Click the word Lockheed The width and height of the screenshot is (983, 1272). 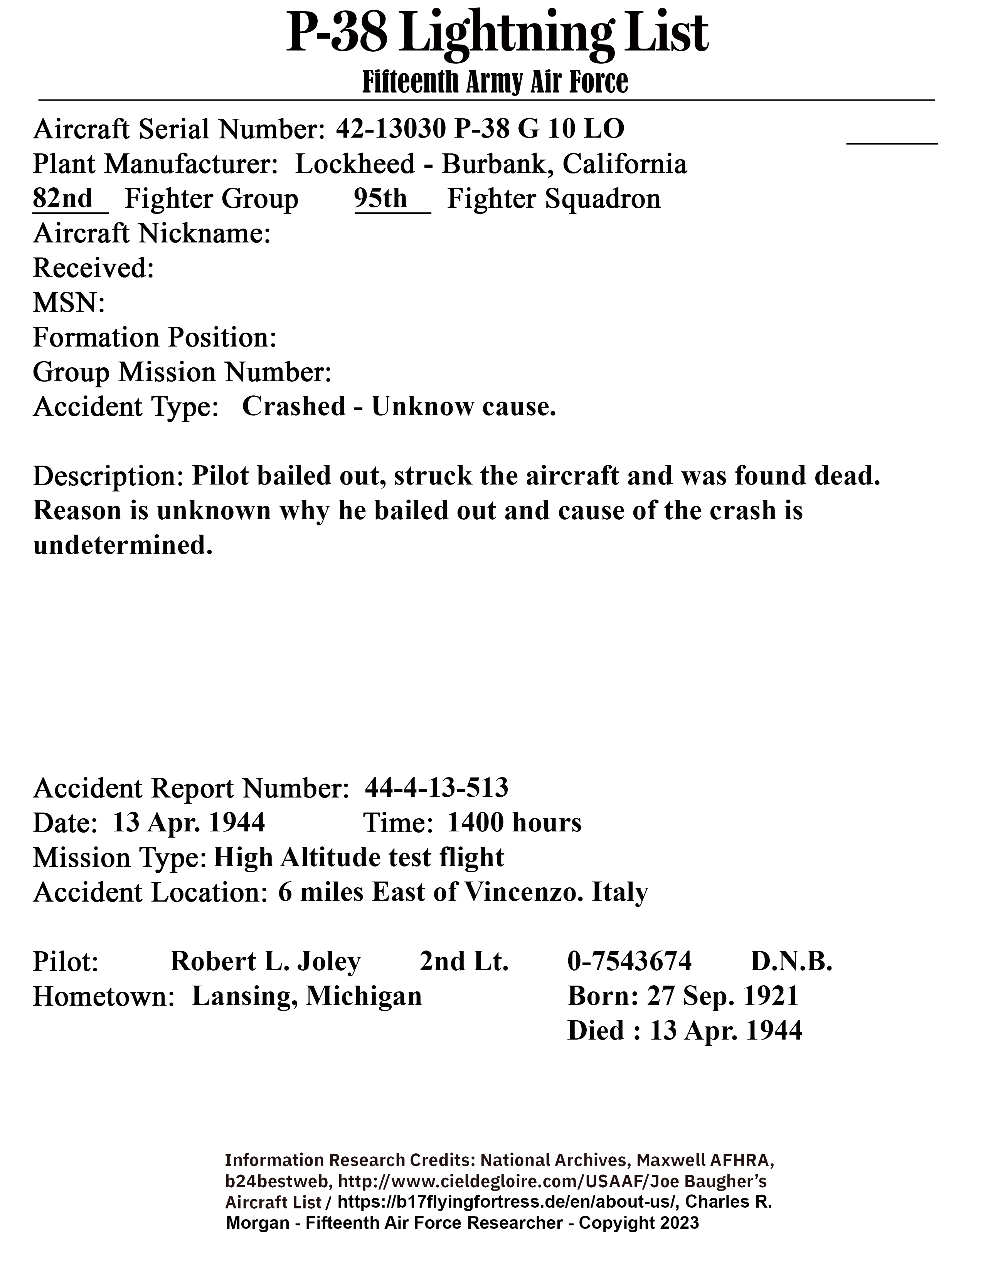[355, 164]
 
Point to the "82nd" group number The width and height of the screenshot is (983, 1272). [63, 199]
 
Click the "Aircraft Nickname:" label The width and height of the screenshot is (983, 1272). [151, 234]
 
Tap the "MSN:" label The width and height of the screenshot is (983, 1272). [69, 303]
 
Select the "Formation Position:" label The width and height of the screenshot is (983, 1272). [154, 338]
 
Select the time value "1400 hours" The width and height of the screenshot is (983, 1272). [514, 823]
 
